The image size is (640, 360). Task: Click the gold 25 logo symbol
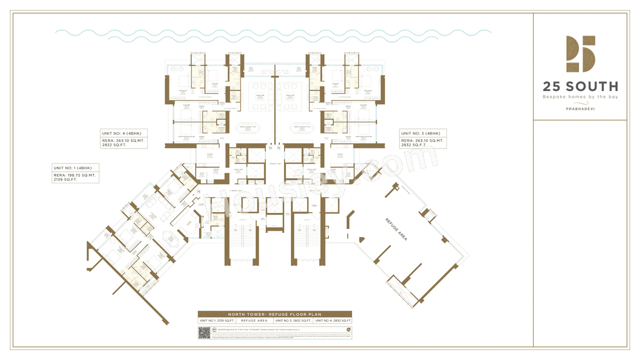580,54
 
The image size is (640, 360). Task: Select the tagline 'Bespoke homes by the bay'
580,96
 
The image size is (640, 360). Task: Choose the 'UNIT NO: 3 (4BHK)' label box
420,133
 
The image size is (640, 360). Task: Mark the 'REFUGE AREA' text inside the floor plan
396,229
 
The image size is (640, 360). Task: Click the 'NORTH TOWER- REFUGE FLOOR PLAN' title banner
275,314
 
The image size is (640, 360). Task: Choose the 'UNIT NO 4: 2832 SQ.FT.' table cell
333,320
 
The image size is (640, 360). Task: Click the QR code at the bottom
203,332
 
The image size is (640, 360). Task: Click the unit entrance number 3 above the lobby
278,143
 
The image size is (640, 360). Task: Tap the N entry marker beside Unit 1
198,192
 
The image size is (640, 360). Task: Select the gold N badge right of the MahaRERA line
348,329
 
